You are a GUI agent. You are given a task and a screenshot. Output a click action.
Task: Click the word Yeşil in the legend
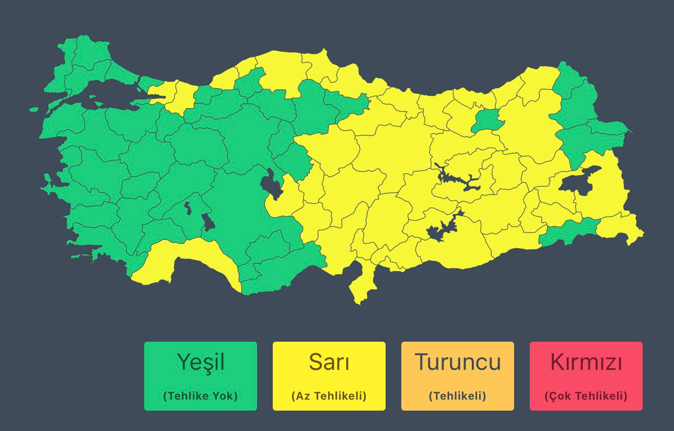201,362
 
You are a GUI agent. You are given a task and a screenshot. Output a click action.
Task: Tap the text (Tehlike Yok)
201,396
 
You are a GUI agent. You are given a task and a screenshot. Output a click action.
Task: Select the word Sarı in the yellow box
329,362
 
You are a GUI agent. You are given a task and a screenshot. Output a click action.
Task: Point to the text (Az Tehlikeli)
329,396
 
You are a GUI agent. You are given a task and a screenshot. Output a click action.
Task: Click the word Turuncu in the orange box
458,362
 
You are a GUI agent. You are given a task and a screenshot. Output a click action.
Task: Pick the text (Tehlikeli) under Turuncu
458,396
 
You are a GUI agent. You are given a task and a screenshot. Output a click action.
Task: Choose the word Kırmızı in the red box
586,362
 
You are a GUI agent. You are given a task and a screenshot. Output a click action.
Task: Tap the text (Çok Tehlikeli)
586,396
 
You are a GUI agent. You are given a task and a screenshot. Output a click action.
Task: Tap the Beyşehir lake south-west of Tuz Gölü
208,222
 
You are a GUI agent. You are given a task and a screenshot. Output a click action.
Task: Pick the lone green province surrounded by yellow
487,121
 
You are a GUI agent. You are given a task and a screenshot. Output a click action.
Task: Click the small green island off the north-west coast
33,110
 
